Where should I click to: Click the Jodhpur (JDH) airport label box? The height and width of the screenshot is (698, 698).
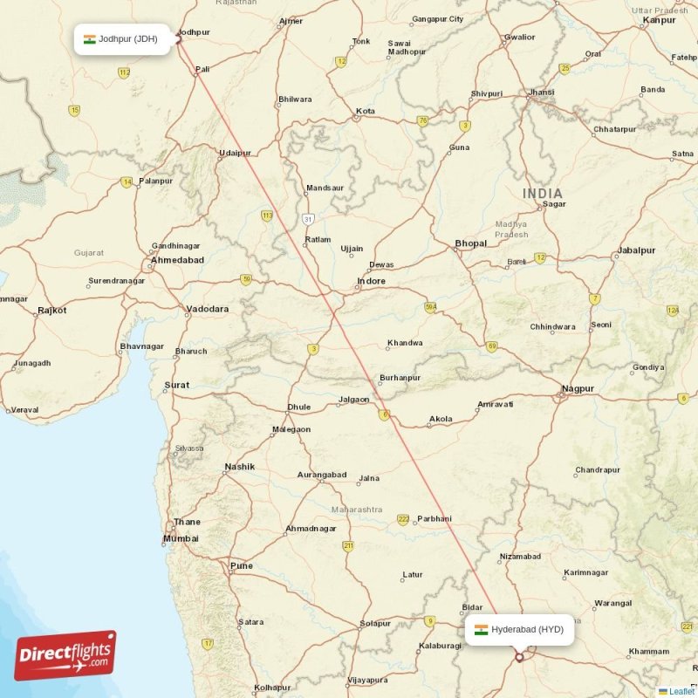click(122, 39)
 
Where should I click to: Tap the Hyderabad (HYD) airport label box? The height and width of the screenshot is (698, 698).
click(519, 629)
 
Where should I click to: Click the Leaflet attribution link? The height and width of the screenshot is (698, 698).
click(681, 691)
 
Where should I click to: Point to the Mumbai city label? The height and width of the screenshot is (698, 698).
click(181, 538)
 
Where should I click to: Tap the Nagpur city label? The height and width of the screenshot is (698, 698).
click(578, 388)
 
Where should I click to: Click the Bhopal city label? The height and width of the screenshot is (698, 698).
click(470, 243)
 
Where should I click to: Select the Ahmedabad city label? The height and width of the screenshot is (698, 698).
click(177, 260)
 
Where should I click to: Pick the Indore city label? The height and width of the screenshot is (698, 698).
click(371, 281)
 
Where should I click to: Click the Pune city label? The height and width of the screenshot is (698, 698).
click(241, 565)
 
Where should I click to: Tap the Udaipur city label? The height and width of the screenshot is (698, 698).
click(235, 153)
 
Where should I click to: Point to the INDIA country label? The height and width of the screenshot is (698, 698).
click(543, 193)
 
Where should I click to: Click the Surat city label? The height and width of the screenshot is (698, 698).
click(176, 385)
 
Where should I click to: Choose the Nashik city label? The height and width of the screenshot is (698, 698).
click(239, 467)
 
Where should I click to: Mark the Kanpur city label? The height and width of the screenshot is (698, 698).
click(659, 19)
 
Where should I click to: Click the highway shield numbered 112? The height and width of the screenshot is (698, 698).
click(124, 72)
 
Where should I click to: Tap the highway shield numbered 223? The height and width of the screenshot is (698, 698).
click(403, 519)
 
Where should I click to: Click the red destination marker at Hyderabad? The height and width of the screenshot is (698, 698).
click(520, 656)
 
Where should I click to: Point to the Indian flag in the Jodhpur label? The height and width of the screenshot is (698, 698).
click(89, 39)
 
